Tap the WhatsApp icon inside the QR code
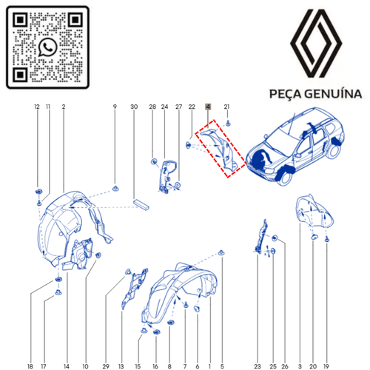click(48, 47)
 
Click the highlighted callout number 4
click(208, 107)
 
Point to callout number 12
click(37, 108)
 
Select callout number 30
click(134, 108)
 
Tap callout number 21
click(227, 107)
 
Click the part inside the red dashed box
click(221, 151)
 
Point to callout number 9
click(115, 108)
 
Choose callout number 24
click(165, 108)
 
